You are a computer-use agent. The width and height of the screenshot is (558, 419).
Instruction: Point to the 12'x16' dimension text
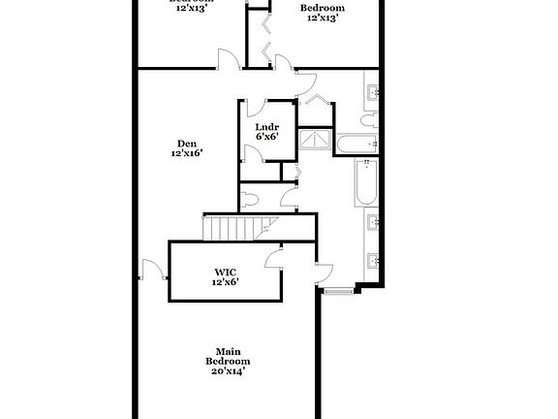pyautogui.click(x=186, y=153)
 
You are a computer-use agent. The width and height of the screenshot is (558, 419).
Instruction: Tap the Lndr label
pyautogui.click(x=266, y=127)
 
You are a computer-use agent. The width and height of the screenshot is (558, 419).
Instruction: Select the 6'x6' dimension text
pyautogui.click(x=266, y=138)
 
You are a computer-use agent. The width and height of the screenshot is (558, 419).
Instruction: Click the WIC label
pyautogui.click(x=225, y=273)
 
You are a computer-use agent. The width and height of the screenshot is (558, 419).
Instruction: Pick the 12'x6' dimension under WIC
pyautogui.click(x=225, y=282)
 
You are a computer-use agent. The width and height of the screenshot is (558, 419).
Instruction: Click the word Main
pyautogui.click(x=228, y=351)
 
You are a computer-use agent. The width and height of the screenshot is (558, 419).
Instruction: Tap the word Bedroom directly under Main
pyautogui.click(x=228, y=361)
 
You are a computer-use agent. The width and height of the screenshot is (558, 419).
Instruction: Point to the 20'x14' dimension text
pyautogui.click(x=228, y=371)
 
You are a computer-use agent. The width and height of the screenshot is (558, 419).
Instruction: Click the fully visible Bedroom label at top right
pyautogui.click(x=325, y=8)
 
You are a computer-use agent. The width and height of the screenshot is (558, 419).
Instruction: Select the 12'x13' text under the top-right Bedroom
pyautogui.click(x=324, y=17)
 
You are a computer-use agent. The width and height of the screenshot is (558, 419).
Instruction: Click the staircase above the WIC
pyautogui.click(x=235, y=230)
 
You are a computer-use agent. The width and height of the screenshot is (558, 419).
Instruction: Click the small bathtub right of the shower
pyautogui.click(x=355, y=145)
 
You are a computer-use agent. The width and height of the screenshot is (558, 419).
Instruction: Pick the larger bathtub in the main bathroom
pyautogui.click(x=365, y=182)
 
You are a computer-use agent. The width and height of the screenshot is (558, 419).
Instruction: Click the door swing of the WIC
pyautogui.click(x=275, y=257)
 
